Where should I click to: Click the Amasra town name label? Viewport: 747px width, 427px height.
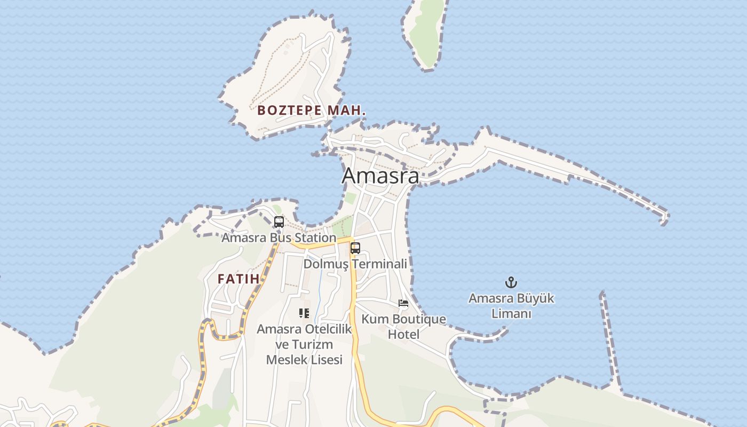(x=380, y=175)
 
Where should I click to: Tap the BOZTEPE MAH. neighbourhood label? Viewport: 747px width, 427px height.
(x=312, y=111)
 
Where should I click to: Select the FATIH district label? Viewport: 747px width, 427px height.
(x=239, y=279)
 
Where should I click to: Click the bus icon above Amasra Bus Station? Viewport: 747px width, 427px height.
(x=279, y=222)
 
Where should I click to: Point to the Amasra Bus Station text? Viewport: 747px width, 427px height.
(x=279, y=238)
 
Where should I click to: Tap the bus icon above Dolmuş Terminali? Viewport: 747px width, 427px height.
(x=355, y=248)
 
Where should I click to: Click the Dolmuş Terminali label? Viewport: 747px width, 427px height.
(x=355, y=264)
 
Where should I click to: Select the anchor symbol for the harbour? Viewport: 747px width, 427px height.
(x=511, y=282)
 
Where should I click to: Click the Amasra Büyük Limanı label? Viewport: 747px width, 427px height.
(x=511, y=306)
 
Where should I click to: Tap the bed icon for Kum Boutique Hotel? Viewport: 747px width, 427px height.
(x=403, y=304)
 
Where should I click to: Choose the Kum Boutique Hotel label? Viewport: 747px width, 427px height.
(x=403, y=327)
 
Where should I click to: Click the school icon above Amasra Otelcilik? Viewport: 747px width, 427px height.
(x=304, y=313)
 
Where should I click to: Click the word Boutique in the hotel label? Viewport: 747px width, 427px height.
(x=418, y=319)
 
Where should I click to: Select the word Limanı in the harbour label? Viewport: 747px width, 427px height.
(x=511, y=314)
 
